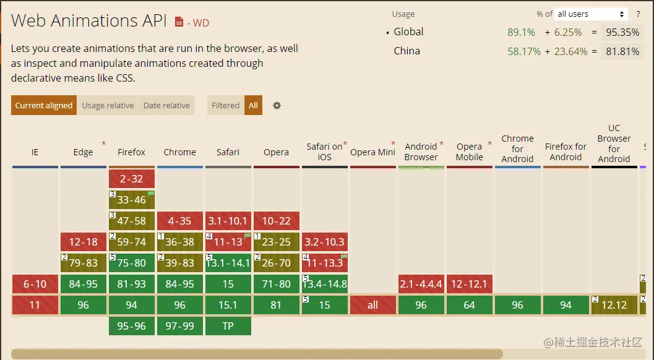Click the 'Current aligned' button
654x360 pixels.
(x=43, y=105)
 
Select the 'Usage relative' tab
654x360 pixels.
(x=108, y=105)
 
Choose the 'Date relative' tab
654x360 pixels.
(x=166, y=105)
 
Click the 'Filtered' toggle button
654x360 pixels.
(x=225, y=105)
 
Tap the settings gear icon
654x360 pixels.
(x=277, y=105)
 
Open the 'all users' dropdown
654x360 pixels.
(x=591, y=14)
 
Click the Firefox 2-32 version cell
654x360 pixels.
(x=132, y=179)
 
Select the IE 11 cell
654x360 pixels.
(x=35, y=305)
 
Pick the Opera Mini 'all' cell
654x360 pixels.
(x=372, y=305)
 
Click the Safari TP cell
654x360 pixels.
(x=228, y=326)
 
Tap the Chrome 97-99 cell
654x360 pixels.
(x=180, y=326)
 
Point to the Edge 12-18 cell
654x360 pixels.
(x=84, y=242)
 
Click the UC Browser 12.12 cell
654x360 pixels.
(x=614, y=305)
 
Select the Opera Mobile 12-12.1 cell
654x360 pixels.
(x=470, y=284)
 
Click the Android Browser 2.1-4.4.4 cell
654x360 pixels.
(x=421, y=284)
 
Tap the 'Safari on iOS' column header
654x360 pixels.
(x=324, y=152)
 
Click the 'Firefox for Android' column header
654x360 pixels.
(x=566, y=152)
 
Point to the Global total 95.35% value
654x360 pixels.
(x=622, y=32)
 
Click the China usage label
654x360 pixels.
(x=407, y=51)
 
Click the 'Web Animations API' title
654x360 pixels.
(x=89, y=20)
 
